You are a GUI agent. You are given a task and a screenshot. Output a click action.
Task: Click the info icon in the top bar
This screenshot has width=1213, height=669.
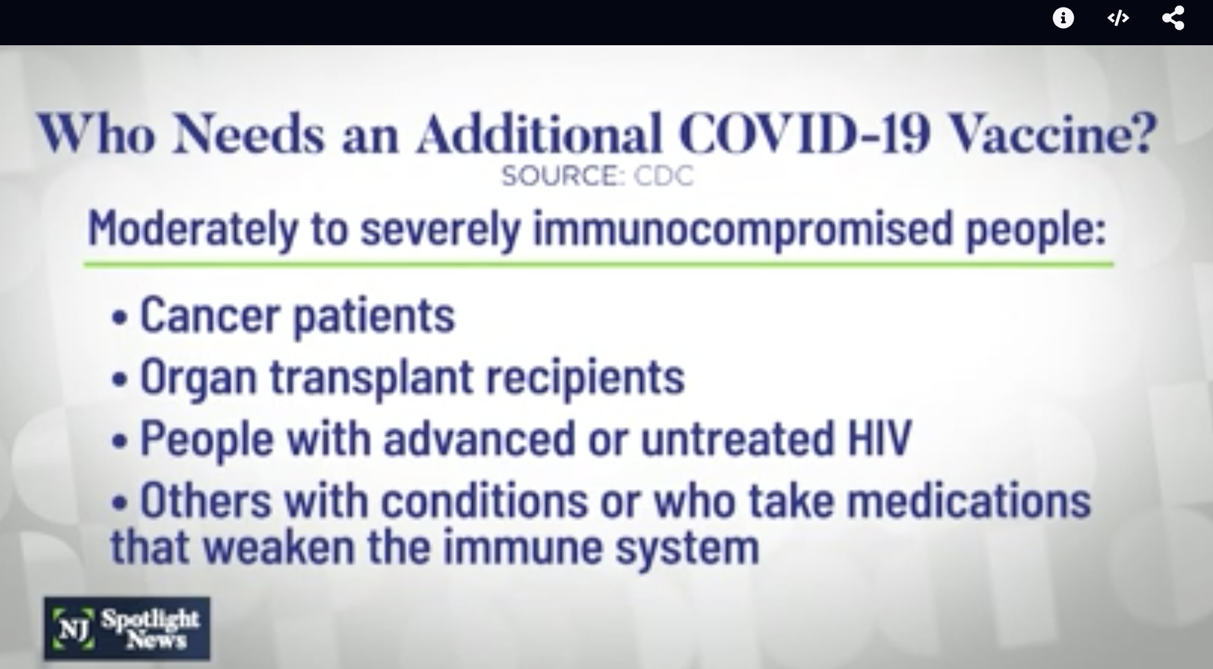pos(1063,18)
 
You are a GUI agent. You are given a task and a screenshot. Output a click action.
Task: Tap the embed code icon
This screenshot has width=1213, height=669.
pos(1118,19)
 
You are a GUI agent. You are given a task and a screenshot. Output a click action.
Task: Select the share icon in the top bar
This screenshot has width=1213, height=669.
pos(1173,18)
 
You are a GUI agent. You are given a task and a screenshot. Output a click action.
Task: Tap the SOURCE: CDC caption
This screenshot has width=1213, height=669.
pos(597,176)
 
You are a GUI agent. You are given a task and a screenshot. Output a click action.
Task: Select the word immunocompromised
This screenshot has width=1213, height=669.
pos(744,230)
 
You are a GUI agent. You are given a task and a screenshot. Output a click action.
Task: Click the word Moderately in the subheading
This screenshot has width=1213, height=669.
pos(193,230)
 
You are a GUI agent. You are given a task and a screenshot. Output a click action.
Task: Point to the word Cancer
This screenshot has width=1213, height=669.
pos(210,315)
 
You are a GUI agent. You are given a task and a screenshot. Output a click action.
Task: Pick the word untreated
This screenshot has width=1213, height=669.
pos(738,437)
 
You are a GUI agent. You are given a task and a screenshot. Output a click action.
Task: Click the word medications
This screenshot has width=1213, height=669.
pos(969,500)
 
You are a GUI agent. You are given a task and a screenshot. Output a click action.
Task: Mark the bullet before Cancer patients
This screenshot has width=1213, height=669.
pos(121,318)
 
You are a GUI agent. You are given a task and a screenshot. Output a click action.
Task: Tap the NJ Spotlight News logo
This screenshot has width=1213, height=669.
pos(127,629)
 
